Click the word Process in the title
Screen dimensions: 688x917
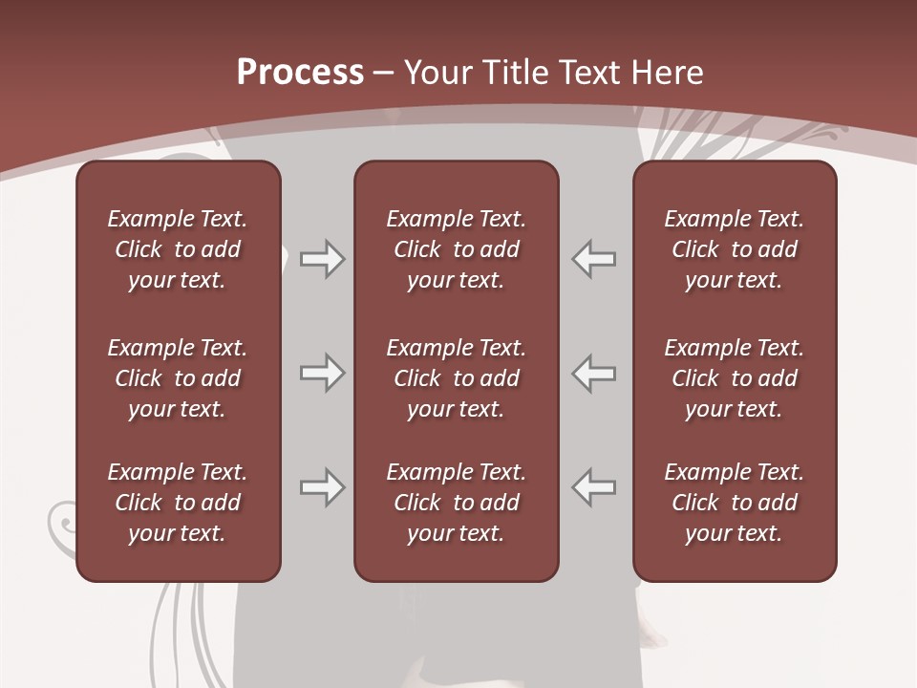[x=300, y=73]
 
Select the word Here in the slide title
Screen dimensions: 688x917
[x=668, y=73]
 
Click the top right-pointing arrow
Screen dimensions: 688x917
[x=323, y=259]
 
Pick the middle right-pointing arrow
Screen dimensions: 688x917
[x=323, y=373]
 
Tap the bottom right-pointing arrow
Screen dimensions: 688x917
[x=323, y=487]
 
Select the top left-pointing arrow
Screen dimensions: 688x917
[x=593, y=259]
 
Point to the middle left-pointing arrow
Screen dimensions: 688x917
[x=593, y=373]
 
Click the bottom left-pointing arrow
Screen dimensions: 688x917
[x=593, y=487]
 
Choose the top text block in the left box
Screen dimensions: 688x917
[x=178, y=249]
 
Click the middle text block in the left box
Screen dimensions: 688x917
[x=178, y=378]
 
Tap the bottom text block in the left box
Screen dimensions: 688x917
[x=178, y=503]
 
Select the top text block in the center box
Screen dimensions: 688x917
[x=456, y=249]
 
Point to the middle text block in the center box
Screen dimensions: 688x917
[x=456, y=378]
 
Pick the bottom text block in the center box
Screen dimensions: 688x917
[x=456, y=503]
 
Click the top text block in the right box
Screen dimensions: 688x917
[x=734, y=249]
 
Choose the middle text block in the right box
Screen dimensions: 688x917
[x=734, y=378]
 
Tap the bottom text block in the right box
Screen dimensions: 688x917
[x=734, y=503]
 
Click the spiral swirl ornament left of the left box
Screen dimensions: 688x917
[x=61, y=521]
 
